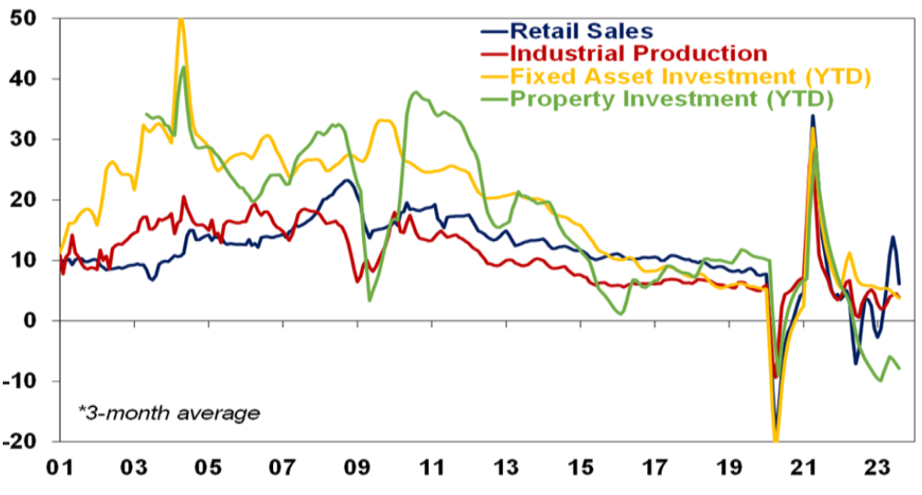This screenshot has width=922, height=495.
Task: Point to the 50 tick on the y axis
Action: coord(20,18)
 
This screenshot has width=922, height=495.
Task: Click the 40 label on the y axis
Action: coord(20,79)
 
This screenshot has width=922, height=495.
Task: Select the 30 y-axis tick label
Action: coord(20,139)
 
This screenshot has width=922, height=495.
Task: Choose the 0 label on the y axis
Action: coord(27,321)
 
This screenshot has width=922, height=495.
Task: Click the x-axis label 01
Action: coord(60,467)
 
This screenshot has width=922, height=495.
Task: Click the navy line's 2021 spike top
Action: coord(812,116)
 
